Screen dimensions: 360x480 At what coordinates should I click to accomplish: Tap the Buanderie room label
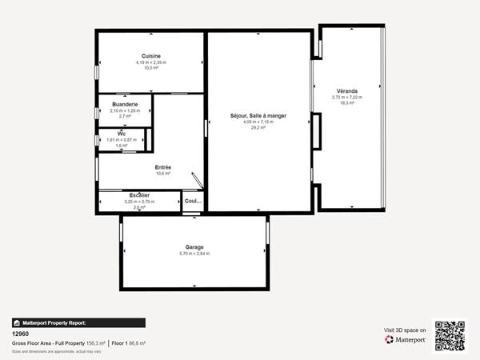coord(125,105)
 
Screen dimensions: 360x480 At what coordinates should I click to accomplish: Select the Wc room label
coord(122,134)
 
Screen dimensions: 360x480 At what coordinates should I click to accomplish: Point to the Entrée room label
coord(163,166)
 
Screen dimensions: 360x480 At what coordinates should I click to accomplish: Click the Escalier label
coord(140,195)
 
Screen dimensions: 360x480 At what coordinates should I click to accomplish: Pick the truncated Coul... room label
coord(193,201)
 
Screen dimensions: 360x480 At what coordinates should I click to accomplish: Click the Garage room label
coord(194,247)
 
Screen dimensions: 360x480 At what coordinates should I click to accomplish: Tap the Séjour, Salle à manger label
coord(258,116)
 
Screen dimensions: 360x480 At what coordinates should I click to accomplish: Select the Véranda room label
coord(347,91)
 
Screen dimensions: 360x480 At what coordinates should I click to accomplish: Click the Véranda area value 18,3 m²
coord(347,102)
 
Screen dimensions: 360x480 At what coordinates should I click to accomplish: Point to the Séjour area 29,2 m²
coord(258,127)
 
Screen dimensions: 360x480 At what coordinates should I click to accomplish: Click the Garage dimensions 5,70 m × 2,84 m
coord(194,254)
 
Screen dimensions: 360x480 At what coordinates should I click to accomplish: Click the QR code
coord(450,336)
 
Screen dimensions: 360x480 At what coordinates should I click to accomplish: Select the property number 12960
coord(21,335)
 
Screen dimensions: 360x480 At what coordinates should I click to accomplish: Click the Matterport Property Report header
coord(78,323)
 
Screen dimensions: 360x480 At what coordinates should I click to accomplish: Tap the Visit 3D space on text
coord(405,329)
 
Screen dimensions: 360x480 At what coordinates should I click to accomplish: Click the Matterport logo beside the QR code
coord(405,339)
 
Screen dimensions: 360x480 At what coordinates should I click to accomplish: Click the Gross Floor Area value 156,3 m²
coord(95,343)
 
